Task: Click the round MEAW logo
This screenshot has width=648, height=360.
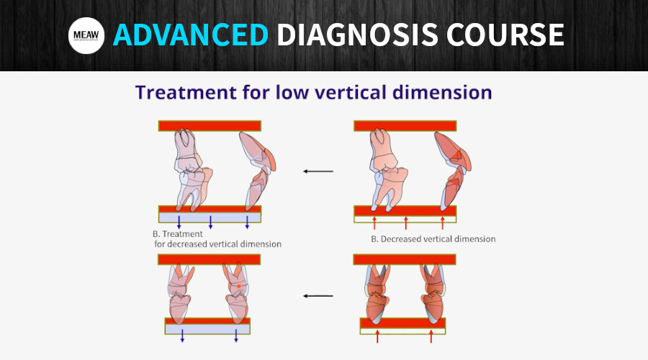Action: (x=86, y=35)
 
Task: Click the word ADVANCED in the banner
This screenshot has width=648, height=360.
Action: (x=191, y=35)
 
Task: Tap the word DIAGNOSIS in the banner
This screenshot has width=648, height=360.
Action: (x=357, y=35)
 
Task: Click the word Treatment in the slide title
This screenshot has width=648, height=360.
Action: (x=186, y=91)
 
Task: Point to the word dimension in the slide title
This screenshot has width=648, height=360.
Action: (x=442, y=91)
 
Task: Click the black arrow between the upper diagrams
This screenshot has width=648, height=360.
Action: (x=318, y=171)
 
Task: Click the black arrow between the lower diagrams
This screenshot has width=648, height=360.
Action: (x=318, y=296)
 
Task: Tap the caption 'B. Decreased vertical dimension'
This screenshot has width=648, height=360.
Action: (x=433, y=239)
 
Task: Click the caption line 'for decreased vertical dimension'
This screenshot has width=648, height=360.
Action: (x=217, y=244)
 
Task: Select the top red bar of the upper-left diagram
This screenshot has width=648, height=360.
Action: (x=210, y=126)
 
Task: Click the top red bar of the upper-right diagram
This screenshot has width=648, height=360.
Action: (x=405, y=126)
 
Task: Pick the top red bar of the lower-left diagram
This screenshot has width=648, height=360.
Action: (x=209, y=260)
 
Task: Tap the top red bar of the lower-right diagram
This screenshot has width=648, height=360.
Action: (x=405, y=260)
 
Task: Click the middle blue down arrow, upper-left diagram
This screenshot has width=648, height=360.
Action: (x=210, y=222)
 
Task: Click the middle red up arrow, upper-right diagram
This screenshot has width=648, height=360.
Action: (x=406, y=222)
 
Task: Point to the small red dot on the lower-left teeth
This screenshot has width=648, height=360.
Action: (x=238, y=286)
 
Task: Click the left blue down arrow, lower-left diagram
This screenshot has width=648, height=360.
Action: (x=182, y=336)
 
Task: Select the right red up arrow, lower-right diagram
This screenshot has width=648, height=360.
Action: (x=431, y=336)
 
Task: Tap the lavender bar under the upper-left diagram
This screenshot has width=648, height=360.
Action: (x=210, y=217)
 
